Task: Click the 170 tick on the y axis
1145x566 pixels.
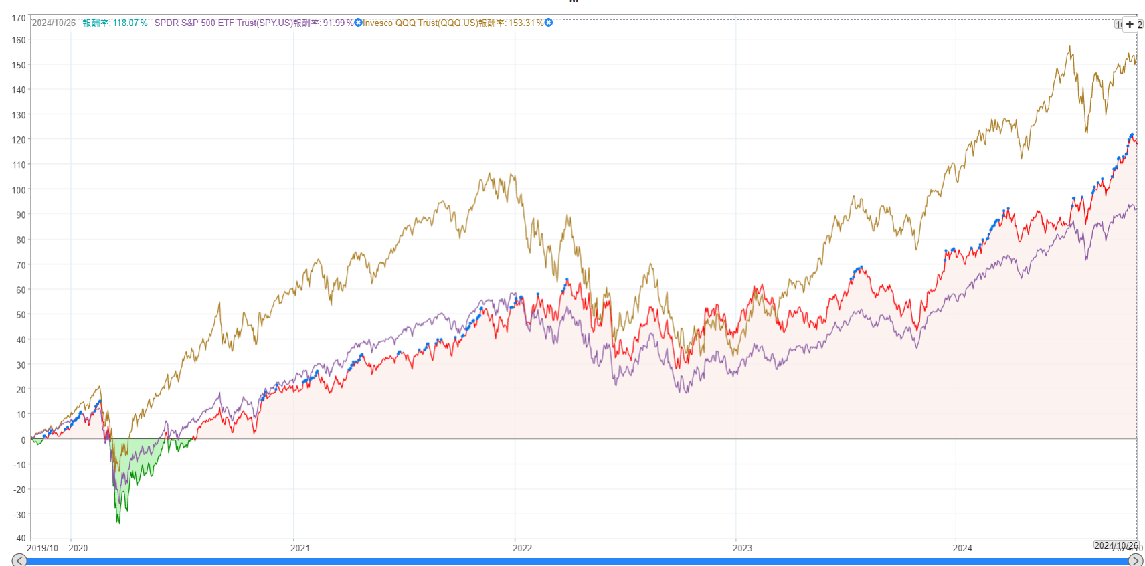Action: point(19,18)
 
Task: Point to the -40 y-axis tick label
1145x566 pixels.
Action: point(19,538)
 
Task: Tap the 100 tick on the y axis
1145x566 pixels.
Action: point(19,190)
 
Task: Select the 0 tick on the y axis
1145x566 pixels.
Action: point(23,440)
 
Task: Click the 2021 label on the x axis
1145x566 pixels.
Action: point(300,548)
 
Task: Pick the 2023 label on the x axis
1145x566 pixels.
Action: point(742,548)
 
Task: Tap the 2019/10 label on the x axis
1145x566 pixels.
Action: point(42,548)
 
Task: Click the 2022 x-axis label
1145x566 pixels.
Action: point(522,548)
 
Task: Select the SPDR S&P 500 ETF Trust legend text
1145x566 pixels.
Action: point(224,23)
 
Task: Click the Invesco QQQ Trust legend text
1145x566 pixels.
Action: point(420,23)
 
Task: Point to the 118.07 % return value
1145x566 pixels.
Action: point(130,23)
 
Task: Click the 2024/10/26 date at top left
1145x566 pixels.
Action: point(54,23)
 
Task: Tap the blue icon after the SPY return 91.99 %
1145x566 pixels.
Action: point(358,23)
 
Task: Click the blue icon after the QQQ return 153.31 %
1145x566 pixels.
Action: point(549,23)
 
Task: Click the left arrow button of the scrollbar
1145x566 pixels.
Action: point(19,560)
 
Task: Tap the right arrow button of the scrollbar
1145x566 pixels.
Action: point(1136,560)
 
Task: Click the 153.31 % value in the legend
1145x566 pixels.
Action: point(526,23)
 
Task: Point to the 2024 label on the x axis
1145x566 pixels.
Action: point(962,548)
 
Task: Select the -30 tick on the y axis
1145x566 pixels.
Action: point(19,515)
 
